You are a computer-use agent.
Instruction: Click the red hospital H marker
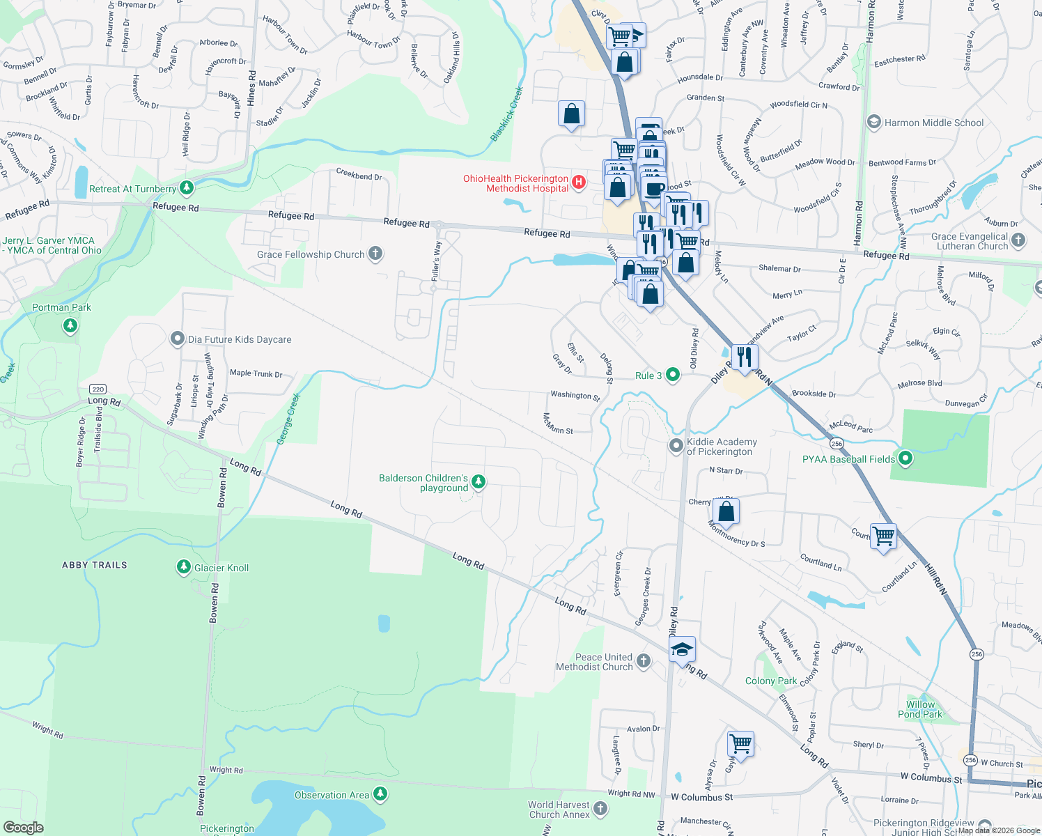578,183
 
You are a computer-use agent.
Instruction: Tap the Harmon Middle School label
933,123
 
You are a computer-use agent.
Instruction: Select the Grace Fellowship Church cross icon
375,254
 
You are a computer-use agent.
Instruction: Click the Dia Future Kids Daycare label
240,339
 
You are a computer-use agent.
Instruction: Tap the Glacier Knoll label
221,568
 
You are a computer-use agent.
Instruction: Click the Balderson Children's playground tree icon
479,481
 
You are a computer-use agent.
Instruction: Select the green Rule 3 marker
672,375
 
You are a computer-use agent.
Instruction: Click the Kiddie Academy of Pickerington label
722,447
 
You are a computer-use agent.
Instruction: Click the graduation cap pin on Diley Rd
682,649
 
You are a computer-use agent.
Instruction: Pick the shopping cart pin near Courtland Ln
883,536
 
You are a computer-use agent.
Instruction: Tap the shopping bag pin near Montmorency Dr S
726,511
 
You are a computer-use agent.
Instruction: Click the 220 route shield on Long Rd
98,389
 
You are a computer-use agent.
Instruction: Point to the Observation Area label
332,795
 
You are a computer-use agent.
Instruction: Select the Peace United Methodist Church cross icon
643,660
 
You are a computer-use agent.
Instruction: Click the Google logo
24,827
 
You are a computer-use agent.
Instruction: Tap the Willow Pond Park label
920,709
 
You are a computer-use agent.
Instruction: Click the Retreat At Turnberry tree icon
186,187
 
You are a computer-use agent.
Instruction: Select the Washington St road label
575,396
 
